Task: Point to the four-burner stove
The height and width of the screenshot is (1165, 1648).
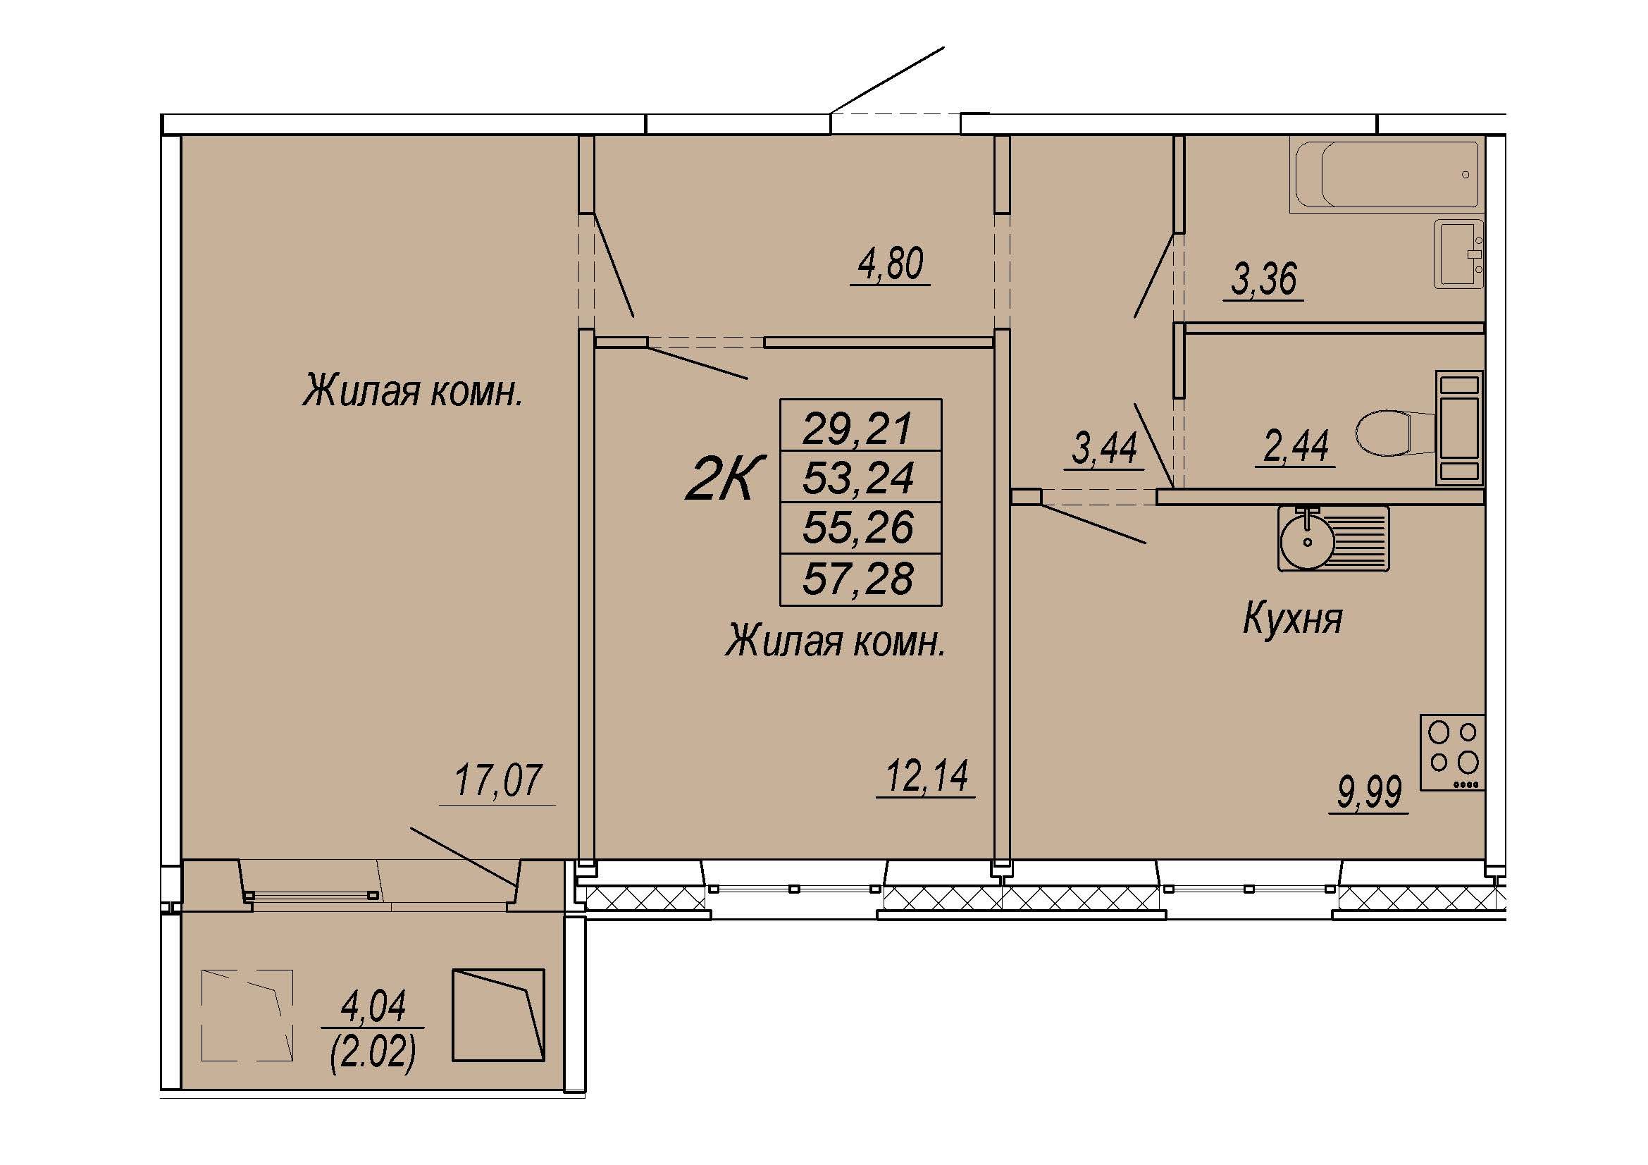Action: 1452,753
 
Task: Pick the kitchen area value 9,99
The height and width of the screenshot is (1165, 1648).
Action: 1369,794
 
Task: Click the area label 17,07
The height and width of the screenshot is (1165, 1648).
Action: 498,781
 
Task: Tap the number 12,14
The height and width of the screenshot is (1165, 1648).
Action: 927,775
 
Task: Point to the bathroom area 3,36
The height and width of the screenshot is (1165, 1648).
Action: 1264,278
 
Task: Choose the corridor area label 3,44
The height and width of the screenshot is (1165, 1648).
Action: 1104,448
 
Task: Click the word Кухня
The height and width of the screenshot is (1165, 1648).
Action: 1292,618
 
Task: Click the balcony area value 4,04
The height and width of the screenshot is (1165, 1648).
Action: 373,1006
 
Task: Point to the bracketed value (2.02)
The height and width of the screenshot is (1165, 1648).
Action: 373,1054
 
